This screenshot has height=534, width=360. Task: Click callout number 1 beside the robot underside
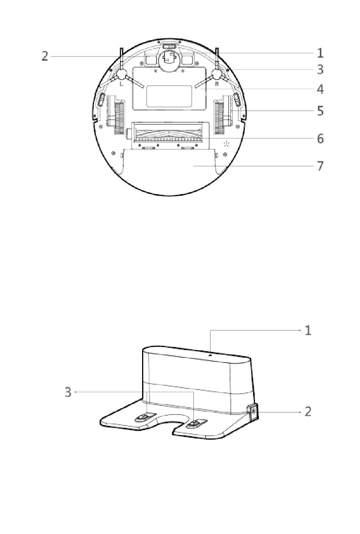(320, 53)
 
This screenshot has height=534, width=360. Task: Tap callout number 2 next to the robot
(45, 57)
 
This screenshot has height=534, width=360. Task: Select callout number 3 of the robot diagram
(320, 70)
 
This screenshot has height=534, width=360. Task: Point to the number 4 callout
(320, 90)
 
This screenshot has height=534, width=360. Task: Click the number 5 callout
(320, 111)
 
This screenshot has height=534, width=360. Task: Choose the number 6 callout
(320, 138)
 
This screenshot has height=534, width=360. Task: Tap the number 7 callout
(320, 166)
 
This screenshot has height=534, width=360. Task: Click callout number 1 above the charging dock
(308, 330)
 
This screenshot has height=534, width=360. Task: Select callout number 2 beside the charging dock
(308, 411)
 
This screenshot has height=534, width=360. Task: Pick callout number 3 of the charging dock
(68, 392)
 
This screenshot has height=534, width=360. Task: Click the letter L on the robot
(121, 84)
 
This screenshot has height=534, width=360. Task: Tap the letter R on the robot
(217, 84)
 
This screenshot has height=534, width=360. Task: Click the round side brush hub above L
(122, 74)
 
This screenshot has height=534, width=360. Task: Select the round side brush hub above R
(217, 74)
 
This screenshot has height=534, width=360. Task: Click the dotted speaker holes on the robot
(227, 144)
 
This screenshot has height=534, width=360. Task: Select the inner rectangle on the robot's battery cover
(169, 96)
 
